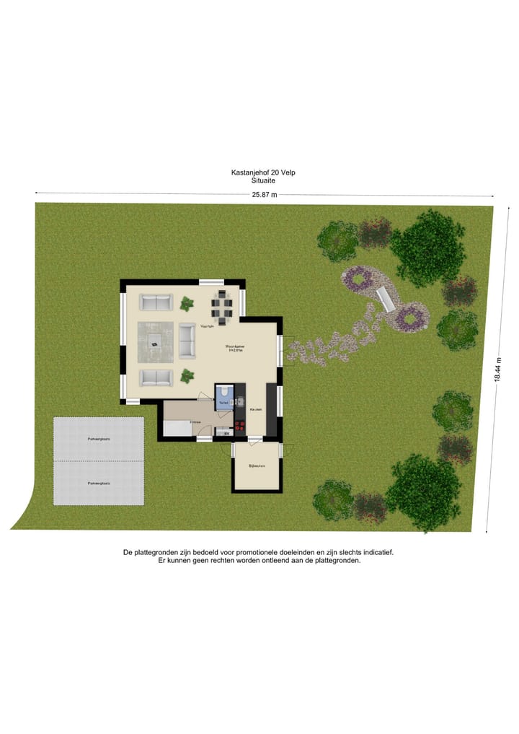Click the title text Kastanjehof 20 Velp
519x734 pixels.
tap(263, 172)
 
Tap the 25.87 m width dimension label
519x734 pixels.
tap(263, 195)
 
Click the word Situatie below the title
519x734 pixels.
tap(263, 180)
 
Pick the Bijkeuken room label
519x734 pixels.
tap(257, 466)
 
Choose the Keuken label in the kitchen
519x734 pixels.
tap(256, 409)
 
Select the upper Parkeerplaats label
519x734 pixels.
tap(99, 438)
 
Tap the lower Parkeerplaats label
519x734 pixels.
tap(99, 482)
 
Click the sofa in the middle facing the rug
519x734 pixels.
tap(187, 341)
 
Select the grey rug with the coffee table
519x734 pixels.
tap(156, 343)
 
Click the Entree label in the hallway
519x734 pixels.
tap(195, 421)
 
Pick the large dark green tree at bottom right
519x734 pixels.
tap(422, 492)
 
